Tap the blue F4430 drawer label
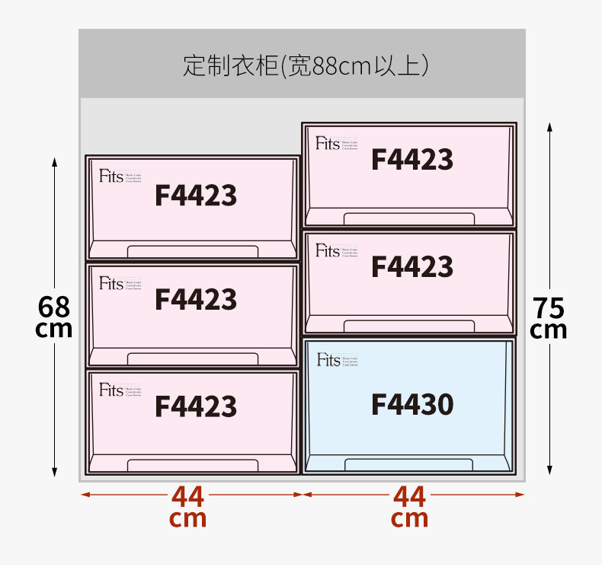point(412,404)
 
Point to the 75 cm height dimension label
point(549,318)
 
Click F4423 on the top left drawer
point(196,196)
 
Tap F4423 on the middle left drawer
point(196,300)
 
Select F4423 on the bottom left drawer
point(196,406)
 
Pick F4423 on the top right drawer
point(412,160)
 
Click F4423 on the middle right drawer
point(412,267)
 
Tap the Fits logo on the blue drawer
point(328,360)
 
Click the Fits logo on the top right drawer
point(328,143)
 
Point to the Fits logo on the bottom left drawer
point(111,390)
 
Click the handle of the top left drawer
point(192,252)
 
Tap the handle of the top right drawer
point(408,218)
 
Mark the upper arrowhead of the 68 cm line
point(55,161)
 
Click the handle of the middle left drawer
point(192,358)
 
